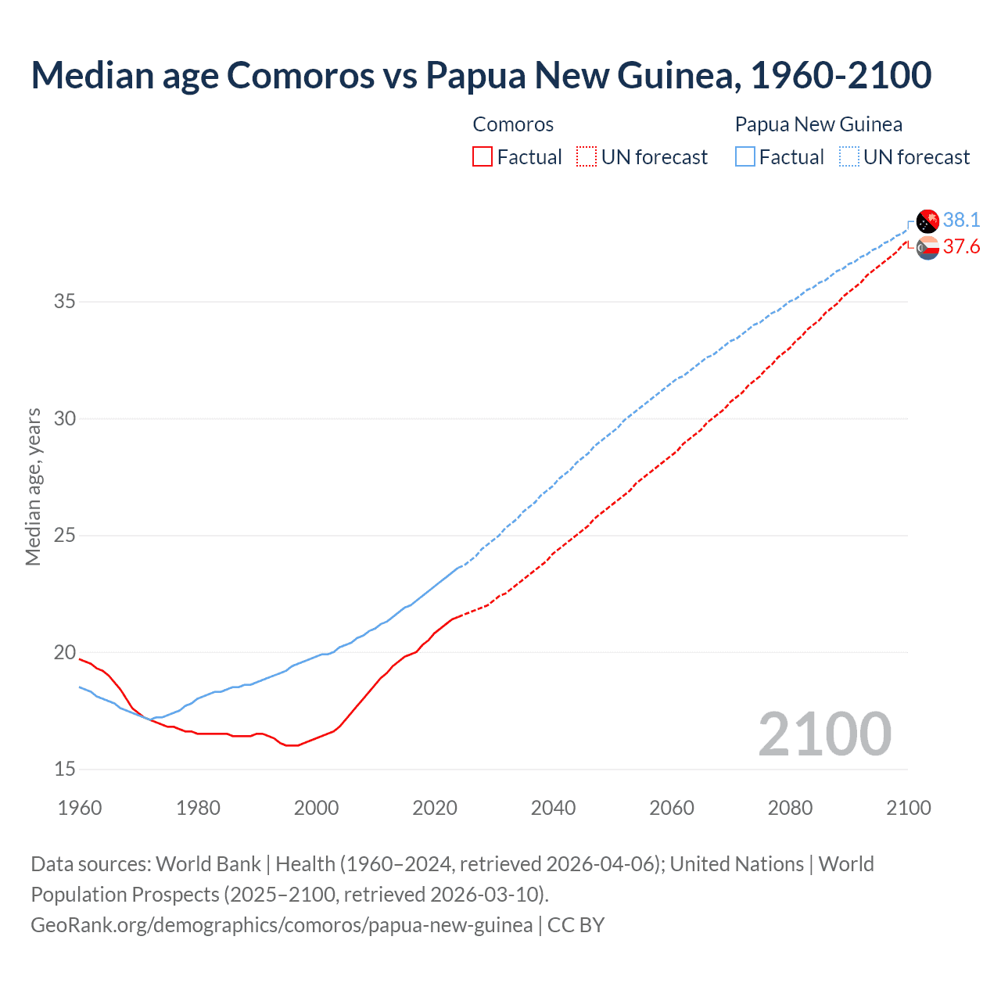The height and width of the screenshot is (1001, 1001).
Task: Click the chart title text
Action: click(x=481, y=75)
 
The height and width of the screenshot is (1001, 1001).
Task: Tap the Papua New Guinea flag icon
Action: click(x=927, y=221)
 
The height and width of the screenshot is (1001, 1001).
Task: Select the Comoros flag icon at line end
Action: click(x=927, y=248)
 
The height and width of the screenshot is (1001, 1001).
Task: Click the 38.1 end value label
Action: click(x=961, y=220)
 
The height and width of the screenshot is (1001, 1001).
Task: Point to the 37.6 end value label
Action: click(x=961, y=247)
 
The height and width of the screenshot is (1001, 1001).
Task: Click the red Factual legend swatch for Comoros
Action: click(x=483, y=157)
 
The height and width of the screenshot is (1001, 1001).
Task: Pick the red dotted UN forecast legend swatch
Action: click(x=587, y=157)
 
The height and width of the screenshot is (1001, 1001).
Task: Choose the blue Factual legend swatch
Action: click(x=745, y=157)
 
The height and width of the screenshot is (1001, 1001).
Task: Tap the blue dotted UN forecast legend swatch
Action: click(x=849, y=157)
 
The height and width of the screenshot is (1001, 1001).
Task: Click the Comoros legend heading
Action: click(x=513, y=124)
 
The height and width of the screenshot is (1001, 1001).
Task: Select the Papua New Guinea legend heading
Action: click(x=818, y=124)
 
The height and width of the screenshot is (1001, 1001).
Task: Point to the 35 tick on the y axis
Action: click(x=65, y=301)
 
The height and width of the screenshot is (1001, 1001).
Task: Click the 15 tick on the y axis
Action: click(x=65, y=770)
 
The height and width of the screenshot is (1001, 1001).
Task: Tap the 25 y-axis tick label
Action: click(x=65, y=536)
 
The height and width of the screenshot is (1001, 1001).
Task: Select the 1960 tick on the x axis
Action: click(x=80, y=808)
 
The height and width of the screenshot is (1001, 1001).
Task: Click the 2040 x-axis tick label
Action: click(x=553, y=808)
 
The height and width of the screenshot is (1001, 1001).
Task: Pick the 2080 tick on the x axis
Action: click(x=790, y=808)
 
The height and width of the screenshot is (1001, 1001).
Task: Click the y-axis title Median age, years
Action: click(x=33, y=486)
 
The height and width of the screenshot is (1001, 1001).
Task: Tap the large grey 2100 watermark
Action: click(x=824, y=734)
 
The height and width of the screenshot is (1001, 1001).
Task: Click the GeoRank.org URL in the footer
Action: click(x=282, y=924)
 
